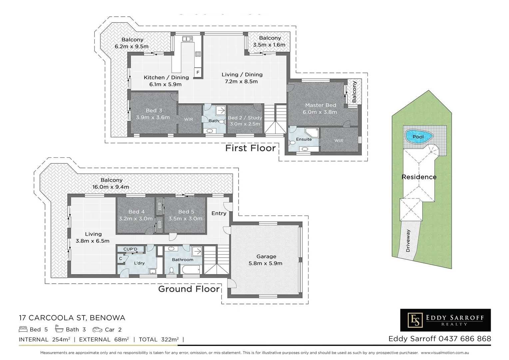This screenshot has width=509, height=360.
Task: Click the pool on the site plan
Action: pyautogui.click(x=419, y=137)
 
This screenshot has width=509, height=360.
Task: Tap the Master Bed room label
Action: pyautogui.click(x=320, y=105)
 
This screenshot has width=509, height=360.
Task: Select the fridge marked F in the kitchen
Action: pyautogui.click(x=198, y=72)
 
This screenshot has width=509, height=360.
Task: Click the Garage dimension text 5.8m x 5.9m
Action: pyautogui.click(x=265, y=263)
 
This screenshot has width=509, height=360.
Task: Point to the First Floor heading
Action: pyautogui.click(x=250, y=148)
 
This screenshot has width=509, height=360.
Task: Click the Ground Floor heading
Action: pyautogui.click(x=189, y=289)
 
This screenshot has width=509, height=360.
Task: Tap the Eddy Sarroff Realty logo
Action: pyautogui.click(x=445, y=320)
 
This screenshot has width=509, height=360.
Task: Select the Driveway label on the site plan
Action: pyautogui.click(x=408, y=241)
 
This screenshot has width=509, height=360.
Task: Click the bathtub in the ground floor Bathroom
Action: pyautogui.click(x=191, y=269)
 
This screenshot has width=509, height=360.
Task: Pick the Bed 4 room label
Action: pyautogui.click(x=136, y=212)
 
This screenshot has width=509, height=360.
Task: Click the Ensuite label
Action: pyautogui.click(x=304, y=139)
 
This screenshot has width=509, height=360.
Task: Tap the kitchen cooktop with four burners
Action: pyautogui.click(x=198, y=54)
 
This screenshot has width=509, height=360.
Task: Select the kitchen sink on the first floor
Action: pyautogui.click(x=188, y=39)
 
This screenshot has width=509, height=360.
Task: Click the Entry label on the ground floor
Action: pyautogui.click(x=219, y=213)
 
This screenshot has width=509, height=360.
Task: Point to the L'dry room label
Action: pyautogui.click(x=139, y=263)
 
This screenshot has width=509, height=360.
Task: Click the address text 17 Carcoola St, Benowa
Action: pyautogui.click(x=72, y=318)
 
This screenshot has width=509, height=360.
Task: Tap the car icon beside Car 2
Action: pyautogui.click(x=97, y=330)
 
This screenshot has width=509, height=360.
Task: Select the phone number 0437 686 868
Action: pyautogui.click(x=465, y=339)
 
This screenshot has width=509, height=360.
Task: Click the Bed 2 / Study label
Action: pyautogui.click(x=245, y=118)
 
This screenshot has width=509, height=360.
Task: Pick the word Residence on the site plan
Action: pyautogui.click(x=419, y=177)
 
